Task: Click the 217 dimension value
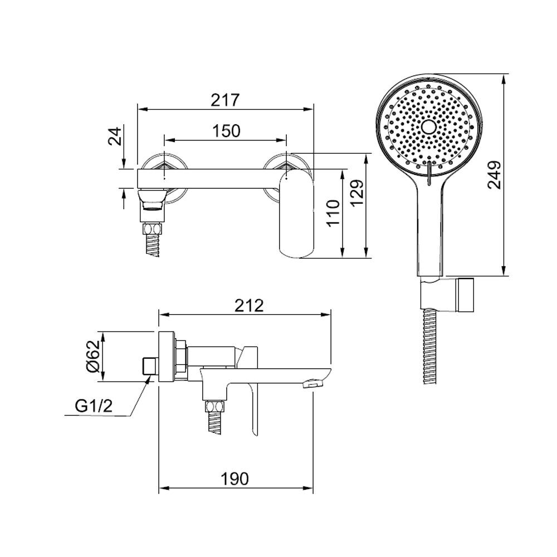click(x=226, y=100)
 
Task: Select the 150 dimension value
click(x=226, y=131)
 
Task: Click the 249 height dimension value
click(x=494, y=175)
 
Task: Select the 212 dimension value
click(x=249, y=305)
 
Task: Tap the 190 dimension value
click(x=235, y=478)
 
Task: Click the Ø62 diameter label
click(x=93, y=356)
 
